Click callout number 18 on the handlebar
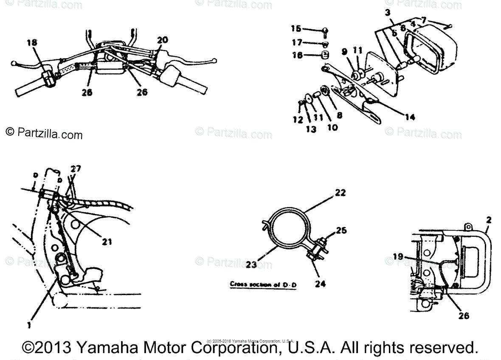(31, 42)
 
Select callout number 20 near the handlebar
(162, 40)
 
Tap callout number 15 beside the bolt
(296, 28)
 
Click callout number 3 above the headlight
(388, 12)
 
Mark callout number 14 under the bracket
(410, 118)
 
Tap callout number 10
(332, 127)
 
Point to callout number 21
(107, 242)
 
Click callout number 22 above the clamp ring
(340, 193)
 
